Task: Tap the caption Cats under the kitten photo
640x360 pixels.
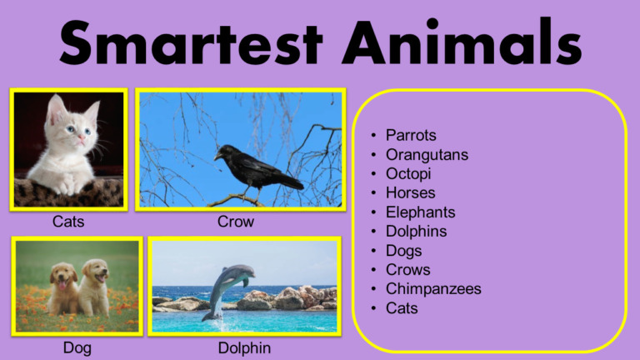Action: point(68,222)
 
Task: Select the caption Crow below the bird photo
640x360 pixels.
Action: point(236,222)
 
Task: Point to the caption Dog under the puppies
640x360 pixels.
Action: point(77,347)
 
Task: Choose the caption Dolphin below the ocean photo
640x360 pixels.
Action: point(244,347)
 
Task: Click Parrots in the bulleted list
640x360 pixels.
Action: point(411,135)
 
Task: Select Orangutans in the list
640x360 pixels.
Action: point(427,154)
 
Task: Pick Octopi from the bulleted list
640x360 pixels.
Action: point(408,173)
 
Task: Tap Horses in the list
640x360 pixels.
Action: point(410,192)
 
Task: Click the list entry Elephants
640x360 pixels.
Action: point(420,212)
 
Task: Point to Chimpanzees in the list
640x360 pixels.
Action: point(433,288)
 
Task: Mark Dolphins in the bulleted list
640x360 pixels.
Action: point(416,231)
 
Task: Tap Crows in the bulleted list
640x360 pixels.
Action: point(407,269)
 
